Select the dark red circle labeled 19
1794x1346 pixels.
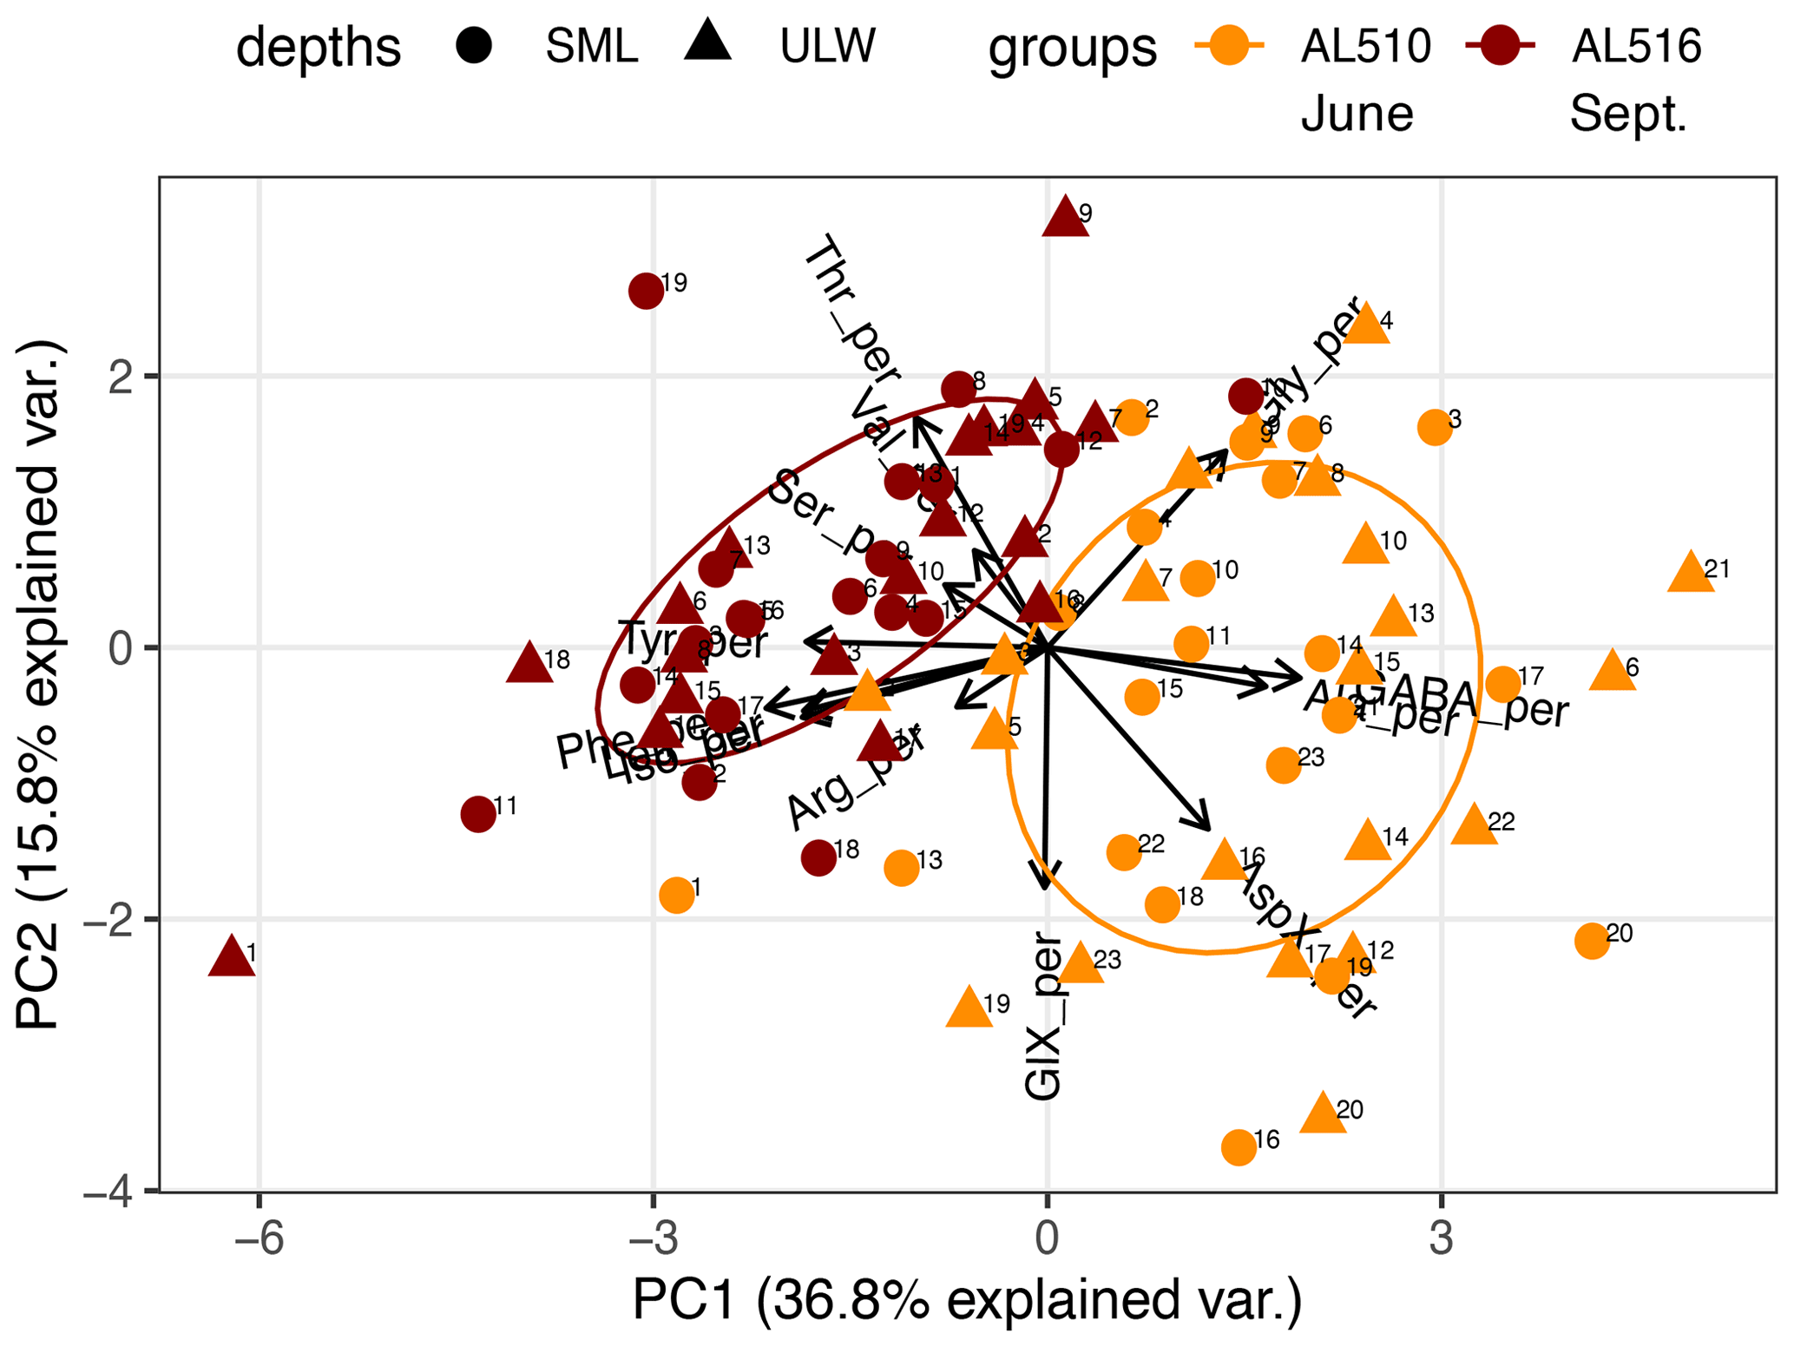647,291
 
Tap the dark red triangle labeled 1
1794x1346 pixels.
232,957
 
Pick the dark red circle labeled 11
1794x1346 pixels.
478,815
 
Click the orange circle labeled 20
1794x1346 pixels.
1592,941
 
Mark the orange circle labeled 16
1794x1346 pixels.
1239,1147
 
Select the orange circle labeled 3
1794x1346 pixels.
1435,427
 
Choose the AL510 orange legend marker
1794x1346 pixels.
1230,45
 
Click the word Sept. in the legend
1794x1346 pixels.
1628,115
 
